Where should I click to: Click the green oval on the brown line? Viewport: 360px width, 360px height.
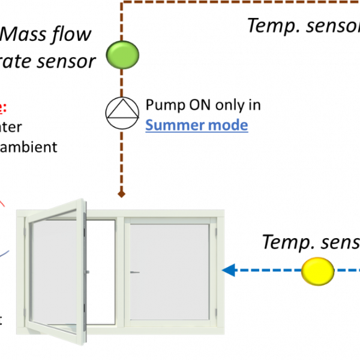pyautogui.click(x=122, y=55)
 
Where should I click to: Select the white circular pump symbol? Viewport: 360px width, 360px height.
pyautogui.click(x=122, y=113)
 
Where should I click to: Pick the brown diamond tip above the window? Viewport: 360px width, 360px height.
pyautogui.click(x=121, y=194)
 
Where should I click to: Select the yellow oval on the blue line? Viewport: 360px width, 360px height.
pyautogui.click(x=317, y=271)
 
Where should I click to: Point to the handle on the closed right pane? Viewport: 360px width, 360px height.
pyautogui.click(x=135, y=272)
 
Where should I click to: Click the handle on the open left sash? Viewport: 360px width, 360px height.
pyautogui.click(x=88, y=272)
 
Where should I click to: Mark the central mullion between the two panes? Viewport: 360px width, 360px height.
pyautogui.click(x=121, y=270)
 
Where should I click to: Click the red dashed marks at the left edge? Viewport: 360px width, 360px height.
pyautogui.click(x=2, y=109)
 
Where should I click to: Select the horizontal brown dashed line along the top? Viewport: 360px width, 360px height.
pyautogui.click(x=240, y=2)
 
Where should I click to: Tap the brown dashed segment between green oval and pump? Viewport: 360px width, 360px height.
pyautogui.click(x=122, y=83)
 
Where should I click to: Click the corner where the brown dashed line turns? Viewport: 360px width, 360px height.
pyautogui.click(x=122, y=3)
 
